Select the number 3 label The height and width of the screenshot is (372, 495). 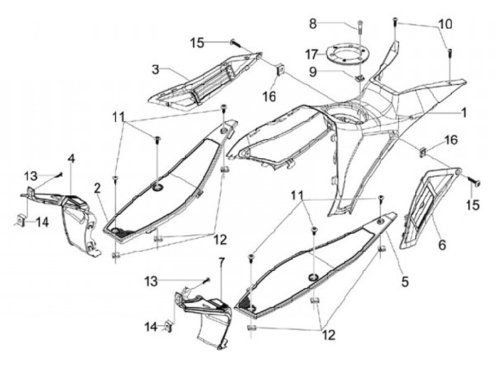(x=156, y=69)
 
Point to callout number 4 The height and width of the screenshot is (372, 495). (x=71, y=159)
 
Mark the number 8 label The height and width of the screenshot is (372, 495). (x=313, y=23)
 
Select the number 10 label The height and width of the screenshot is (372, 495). (x=445, y=23)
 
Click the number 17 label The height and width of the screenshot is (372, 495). (x=312, y=53)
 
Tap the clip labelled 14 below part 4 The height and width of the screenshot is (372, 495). (x=21, y=221)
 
